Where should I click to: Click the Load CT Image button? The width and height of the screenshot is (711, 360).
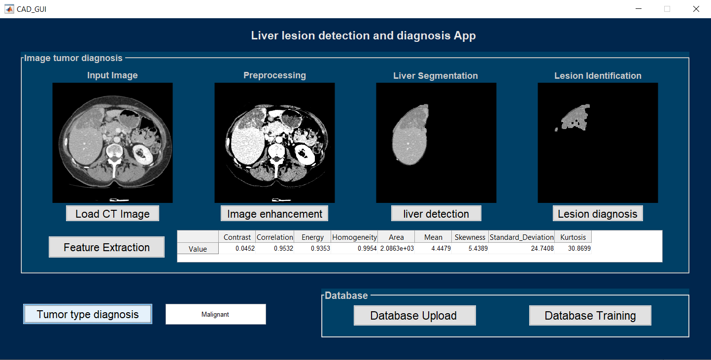(112, 214)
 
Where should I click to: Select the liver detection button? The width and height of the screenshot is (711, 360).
(436, 214)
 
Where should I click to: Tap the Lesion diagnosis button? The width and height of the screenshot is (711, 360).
(598, 214)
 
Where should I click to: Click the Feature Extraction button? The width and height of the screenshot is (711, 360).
(106, 247)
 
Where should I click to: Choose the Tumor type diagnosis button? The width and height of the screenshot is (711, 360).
(88, 314)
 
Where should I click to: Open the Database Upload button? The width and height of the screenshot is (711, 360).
(414, 316)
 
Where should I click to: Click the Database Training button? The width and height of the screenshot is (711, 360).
(590, 316)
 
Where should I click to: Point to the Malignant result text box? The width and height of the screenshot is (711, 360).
(215, 314)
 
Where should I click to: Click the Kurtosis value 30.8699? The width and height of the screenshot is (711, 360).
(573, 249)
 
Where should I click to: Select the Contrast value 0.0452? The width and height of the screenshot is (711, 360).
(237, 249)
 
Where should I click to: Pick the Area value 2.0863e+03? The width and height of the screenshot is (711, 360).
(396, 249)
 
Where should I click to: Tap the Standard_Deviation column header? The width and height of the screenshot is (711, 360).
(521, 237)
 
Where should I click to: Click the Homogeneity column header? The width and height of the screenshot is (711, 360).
(354, 237)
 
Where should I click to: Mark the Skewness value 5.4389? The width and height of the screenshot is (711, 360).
(470, 249)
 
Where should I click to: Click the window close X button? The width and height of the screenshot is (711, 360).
(696, 9)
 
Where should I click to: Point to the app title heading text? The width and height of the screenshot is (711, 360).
(363, 35)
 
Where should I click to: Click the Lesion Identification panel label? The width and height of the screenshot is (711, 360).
(598, 76)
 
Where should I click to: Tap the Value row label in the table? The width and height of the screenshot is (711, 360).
(198, 249)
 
